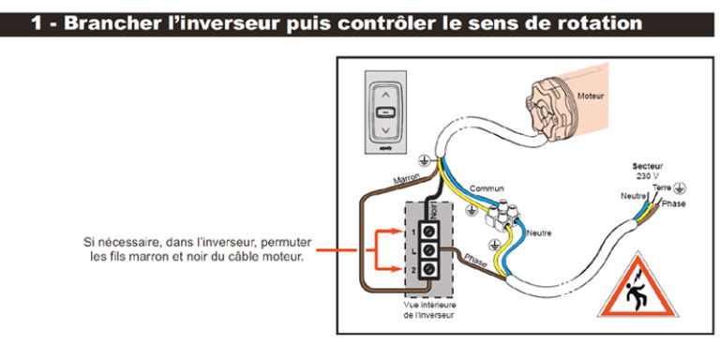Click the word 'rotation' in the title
(594, 22)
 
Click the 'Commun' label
(486, 188)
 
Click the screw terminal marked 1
(433, 229)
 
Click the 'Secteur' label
(648, 165)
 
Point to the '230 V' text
(648, 175)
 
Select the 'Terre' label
(662, 187)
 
